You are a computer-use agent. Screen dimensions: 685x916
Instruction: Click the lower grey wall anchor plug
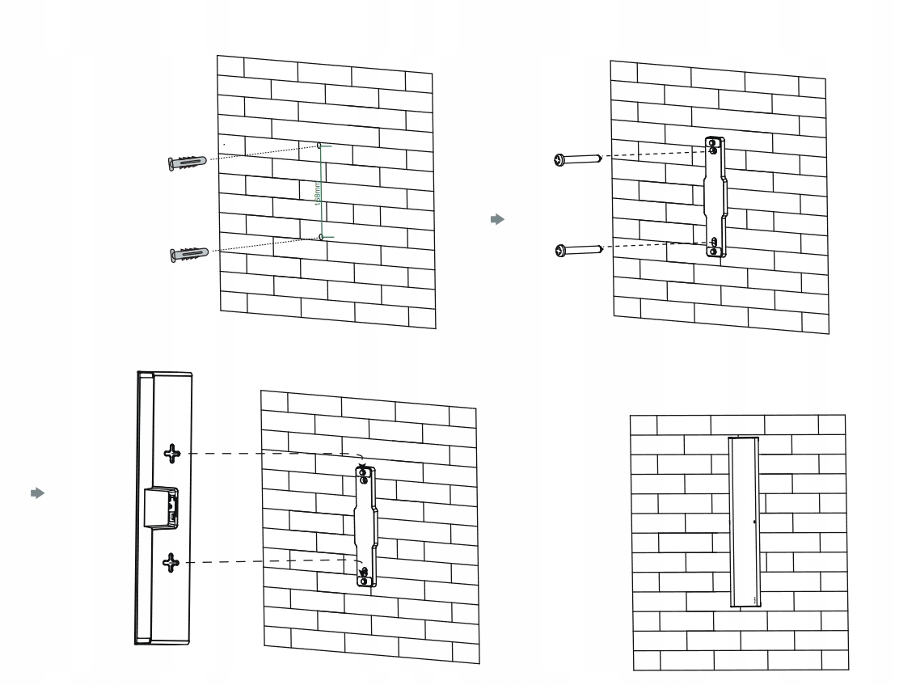click(189, 254)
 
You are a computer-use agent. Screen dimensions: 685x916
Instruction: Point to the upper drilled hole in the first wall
click(319, 146)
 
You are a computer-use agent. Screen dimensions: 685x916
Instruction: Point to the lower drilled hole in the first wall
click(321, 237)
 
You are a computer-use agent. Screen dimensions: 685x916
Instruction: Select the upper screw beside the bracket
click(576, 160)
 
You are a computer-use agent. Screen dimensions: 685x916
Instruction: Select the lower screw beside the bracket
click(579, 250)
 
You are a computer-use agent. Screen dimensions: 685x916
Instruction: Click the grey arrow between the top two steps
click(498, 219)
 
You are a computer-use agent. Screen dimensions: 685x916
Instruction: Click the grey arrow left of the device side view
click(36, 493)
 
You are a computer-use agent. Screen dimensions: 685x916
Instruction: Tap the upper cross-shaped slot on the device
click(171, 454)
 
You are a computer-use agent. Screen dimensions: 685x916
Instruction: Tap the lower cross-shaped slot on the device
click(171, 562)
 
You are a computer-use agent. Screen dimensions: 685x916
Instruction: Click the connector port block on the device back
click(162, 506)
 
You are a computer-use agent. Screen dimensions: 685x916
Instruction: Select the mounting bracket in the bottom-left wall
click(365, 526)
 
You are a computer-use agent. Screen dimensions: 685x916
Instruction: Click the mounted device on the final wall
click(743, 522)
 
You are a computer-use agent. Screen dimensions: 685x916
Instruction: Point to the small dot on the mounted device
click(754, 522)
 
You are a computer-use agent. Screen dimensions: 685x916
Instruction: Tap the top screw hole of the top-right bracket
click(712, 149)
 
